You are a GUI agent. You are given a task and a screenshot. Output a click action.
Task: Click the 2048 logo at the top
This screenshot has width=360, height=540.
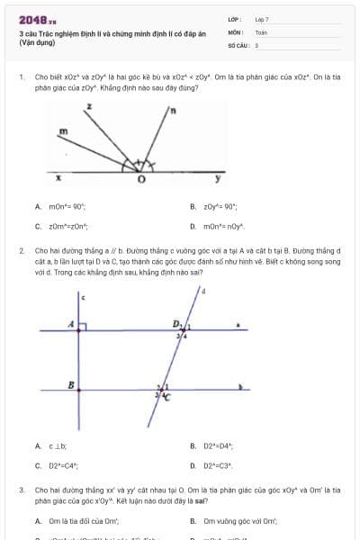37,18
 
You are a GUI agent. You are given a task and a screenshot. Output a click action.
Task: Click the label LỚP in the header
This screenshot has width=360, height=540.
233,18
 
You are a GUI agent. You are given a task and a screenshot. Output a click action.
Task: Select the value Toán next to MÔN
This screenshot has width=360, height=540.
261,31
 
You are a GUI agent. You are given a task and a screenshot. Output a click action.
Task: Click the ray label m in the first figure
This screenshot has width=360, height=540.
63,131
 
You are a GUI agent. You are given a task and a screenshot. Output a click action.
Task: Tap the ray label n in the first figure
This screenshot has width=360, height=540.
172,111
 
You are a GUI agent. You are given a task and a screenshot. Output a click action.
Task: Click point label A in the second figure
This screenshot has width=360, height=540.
70,324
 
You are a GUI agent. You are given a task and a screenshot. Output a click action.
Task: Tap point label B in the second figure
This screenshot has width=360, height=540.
71,384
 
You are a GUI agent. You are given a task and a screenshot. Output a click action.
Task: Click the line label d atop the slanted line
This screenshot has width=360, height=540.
202,291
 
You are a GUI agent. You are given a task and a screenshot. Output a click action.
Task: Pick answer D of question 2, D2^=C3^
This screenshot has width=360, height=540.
214,465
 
